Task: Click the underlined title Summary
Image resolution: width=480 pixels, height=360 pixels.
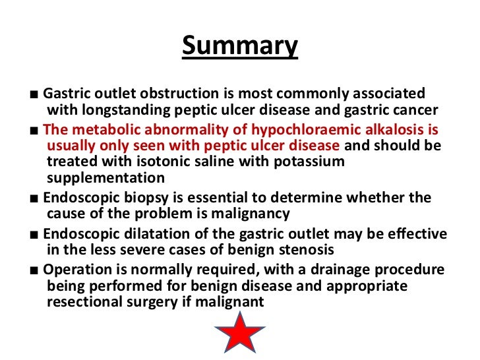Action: coord(239,46)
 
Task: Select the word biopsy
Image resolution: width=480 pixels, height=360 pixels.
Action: coord(150,198)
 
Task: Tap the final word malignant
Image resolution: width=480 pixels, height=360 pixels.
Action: coord(234,302)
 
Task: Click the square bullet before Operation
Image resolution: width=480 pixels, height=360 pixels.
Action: coord(33,270)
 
